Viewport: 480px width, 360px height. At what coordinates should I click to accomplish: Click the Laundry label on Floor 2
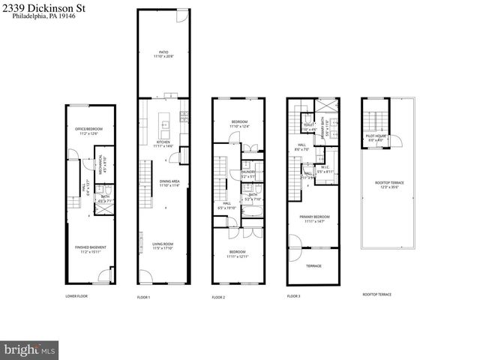click(x=248, y=173)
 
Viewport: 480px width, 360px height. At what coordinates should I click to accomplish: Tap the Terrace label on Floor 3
click(x=313, y=265)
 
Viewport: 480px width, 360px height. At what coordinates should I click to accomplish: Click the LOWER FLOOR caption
click(x=76, y=296)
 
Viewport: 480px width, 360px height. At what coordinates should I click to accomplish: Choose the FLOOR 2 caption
click(x=218, y=297)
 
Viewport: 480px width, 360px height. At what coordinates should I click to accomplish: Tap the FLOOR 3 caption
click(x=293, y=297)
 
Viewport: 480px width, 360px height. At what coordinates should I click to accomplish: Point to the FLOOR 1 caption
click(x=143, y=297)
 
